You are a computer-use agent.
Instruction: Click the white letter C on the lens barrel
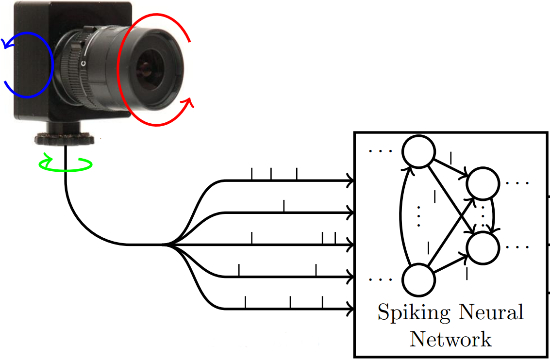83,63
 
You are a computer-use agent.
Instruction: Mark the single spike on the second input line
284,206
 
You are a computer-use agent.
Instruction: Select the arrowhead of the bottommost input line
350,308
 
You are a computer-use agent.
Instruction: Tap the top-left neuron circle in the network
418,151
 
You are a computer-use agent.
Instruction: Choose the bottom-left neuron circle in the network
418,280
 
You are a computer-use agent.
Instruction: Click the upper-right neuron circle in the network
483,183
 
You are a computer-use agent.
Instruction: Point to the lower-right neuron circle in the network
483,247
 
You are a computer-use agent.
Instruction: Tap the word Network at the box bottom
450,338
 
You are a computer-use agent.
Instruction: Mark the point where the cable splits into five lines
167,245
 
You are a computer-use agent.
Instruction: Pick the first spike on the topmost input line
251,174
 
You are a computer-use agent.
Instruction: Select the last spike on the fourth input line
316,270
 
